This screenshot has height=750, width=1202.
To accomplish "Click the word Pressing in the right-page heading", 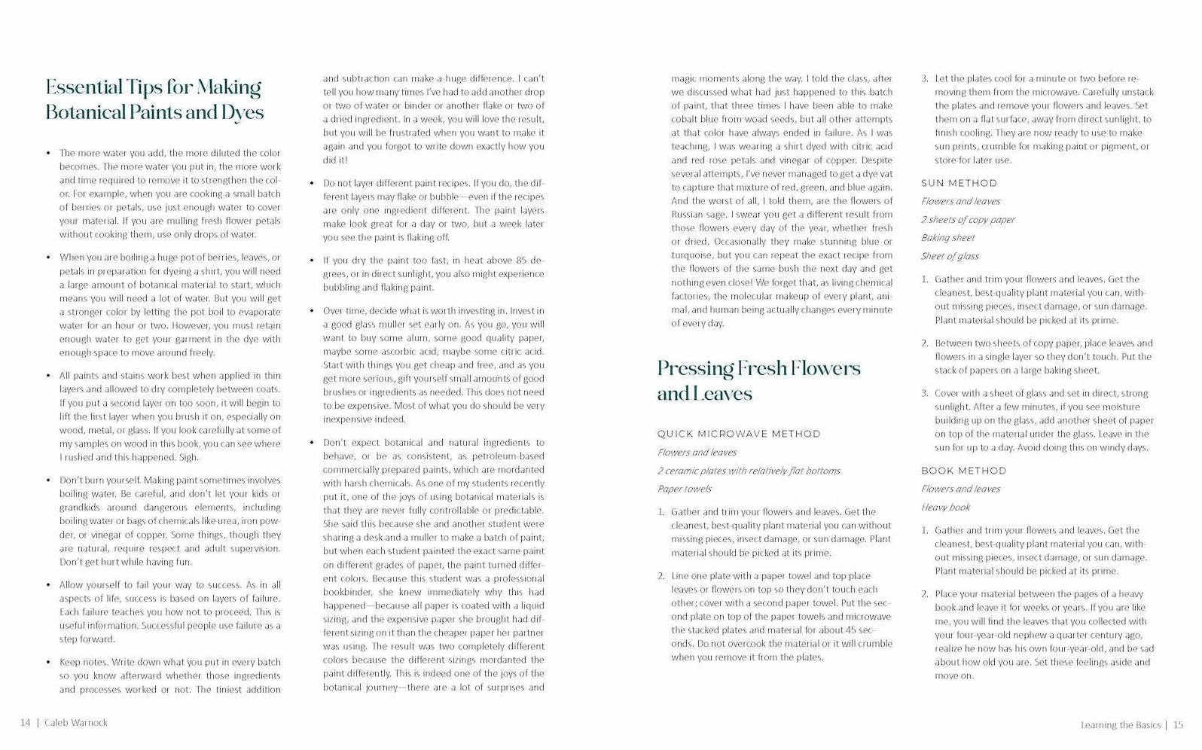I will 695,368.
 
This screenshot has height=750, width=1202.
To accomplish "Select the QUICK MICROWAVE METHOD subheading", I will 739,434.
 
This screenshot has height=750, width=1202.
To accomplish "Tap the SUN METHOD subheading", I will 959,183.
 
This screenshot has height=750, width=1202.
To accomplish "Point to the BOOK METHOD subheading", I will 963,471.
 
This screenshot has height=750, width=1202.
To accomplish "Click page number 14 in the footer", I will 26,723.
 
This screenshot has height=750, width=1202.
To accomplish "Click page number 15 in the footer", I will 1178,725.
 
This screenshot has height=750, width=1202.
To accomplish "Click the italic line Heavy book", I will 945,508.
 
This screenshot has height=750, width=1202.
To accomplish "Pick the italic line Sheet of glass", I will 950,256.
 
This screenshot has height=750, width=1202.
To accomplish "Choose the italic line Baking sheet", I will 947,238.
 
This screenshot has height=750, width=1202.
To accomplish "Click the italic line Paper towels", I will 685,489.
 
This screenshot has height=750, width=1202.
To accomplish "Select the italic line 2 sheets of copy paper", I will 968,220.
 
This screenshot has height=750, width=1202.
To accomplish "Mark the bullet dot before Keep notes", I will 49,663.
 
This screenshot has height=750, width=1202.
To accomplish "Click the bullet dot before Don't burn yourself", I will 49,480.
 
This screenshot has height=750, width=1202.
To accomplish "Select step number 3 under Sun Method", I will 925,393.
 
